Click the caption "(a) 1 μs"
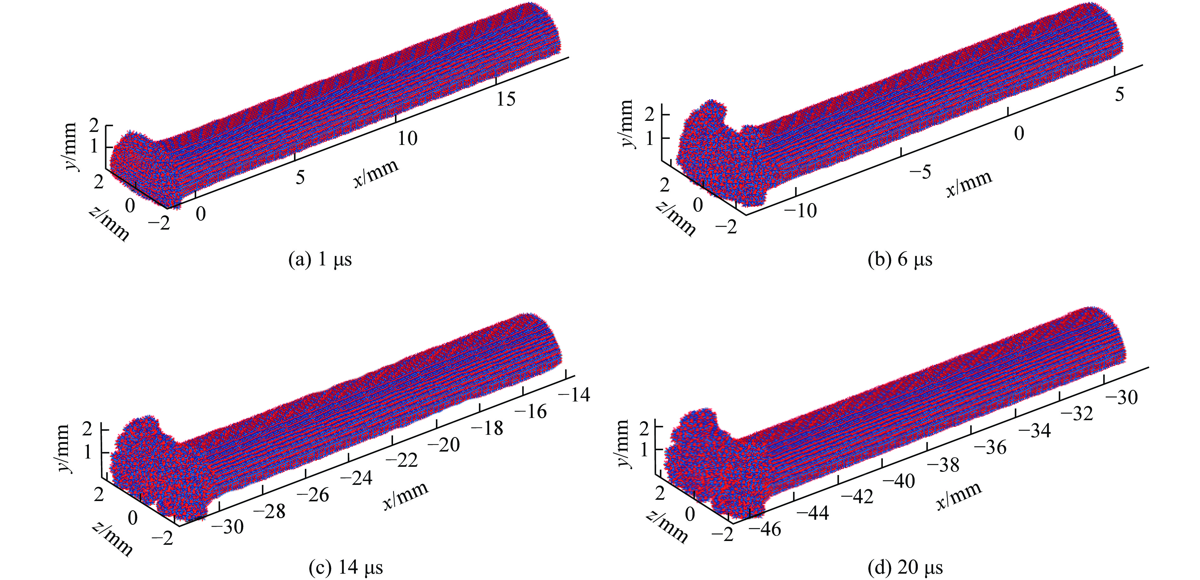320,259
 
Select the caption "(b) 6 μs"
900,259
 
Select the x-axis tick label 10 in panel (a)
407,138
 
